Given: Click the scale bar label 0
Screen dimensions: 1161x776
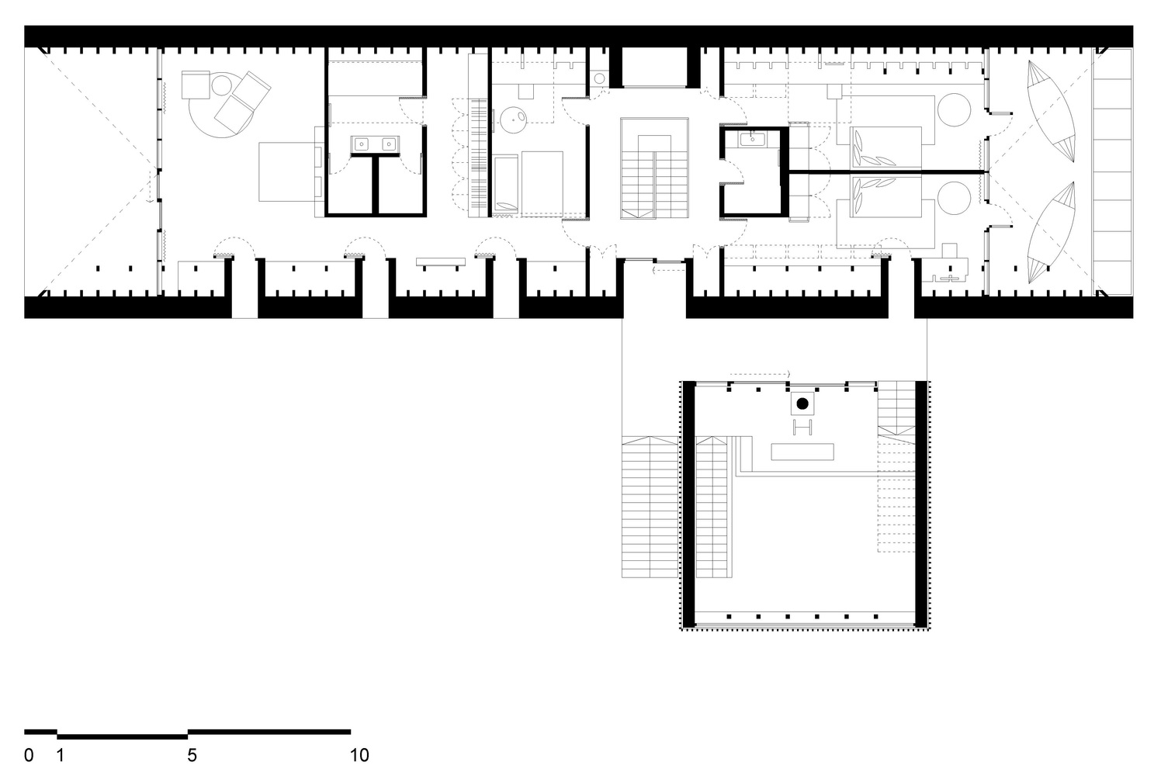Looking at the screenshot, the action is point(29,755).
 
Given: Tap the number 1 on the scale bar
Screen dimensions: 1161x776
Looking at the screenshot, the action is point(60,755).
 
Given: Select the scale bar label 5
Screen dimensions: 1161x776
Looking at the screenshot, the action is point(192,755).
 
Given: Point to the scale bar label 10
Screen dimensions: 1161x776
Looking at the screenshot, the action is point(359,755).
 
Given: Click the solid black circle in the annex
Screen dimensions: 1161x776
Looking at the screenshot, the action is point(802,404).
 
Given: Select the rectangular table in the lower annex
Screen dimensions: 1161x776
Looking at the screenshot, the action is point(802,452).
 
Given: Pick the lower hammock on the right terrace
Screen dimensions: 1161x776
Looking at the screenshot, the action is point(1051,232).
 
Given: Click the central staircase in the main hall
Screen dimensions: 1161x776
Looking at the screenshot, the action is point(655,168).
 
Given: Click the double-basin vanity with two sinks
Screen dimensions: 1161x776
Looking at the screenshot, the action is point(375,144).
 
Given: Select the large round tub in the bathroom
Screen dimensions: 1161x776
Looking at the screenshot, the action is point(513,120).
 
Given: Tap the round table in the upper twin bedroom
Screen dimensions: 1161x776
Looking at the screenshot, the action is point(954,109).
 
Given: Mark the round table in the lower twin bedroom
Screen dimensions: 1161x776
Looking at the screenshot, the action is point(954,198).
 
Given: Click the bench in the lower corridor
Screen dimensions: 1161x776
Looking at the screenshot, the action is point(441,263).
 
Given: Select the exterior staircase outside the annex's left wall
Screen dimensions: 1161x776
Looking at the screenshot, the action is point(650,507).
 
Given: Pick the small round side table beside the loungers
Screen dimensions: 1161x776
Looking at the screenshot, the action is point(221,85).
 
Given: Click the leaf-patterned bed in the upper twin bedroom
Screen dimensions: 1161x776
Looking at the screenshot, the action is point(885,147).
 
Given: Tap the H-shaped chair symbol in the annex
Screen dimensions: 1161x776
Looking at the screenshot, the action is point(802,427).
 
